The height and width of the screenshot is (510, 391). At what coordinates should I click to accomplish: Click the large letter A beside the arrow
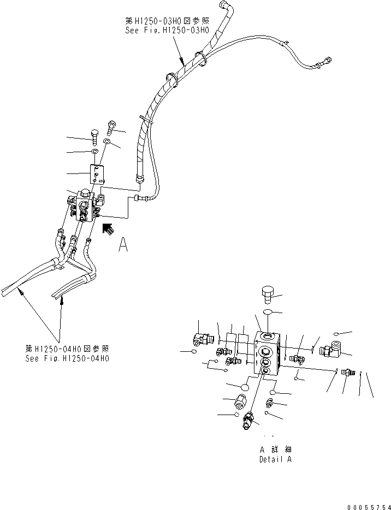click(123, 246)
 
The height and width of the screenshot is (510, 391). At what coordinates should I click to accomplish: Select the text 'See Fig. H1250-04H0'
click(67, 358)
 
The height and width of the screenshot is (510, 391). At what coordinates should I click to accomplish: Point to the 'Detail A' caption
click(275, 459)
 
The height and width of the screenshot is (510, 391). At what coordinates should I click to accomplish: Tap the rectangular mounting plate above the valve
click(97, 175)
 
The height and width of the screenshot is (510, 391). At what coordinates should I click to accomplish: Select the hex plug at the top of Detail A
click(267, 295)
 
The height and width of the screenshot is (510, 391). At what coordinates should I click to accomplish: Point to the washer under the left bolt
click(94, 151)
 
